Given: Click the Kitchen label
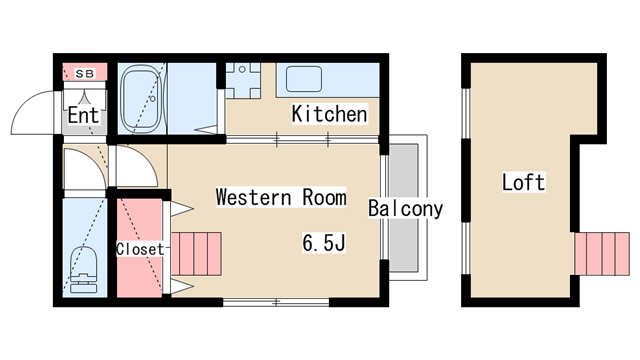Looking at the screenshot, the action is [x=329, y=114].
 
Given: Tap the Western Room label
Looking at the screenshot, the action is [x=281, y=197].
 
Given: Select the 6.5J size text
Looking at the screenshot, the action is [x=324, y=242].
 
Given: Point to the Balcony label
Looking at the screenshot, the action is [x=405, y=209].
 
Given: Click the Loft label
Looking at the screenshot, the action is [x=523, y=182].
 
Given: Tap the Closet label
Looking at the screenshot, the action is [x=140, y=249].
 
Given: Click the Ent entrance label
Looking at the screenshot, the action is [x=83, y=115].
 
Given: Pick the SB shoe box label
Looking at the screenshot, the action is [x=85, y=74].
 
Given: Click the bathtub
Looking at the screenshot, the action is [x=141, y=99].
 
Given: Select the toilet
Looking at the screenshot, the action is [x=84, y=269].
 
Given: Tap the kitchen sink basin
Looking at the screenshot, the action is [x=304, y=79].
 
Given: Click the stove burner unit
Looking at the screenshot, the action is [x=243, y=80].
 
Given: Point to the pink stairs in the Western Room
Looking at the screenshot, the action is [x=196, y=254].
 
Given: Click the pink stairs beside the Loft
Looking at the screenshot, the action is [x=602, y=254].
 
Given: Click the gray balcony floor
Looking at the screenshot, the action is [x=404, y=208].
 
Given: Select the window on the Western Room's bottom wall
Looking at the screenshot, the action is [x=276, y=302].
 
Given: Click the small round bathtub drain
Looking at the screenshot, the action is [x=153, y=98].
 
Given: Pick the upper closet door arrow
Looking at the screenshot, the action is [x=182, y=209].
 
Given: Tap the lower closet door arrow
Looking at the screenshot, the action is [x=182, y=287].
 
